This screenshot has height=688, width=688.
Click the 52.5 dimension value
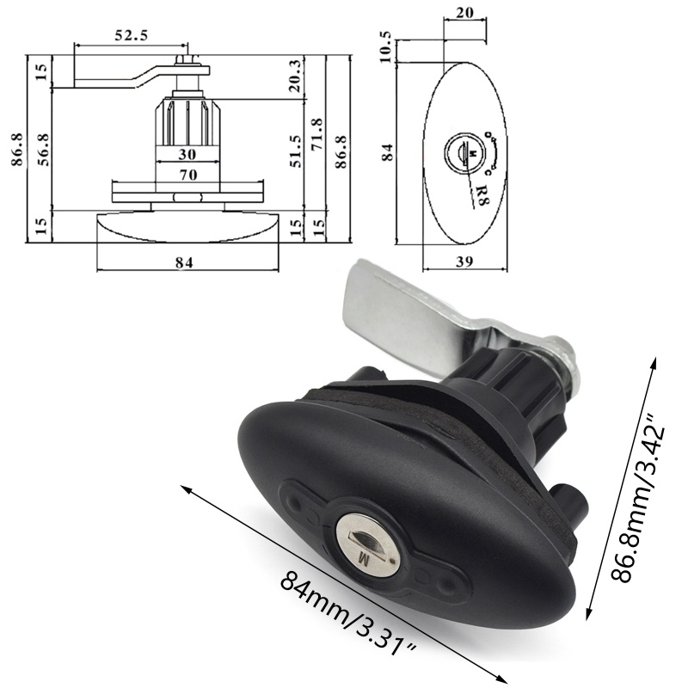131,35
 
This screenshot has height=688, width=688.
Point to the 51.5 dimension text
295,155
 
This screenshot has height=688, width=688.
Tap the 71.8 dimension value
316,134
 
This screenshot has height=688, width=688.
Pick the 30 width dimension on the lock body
187,154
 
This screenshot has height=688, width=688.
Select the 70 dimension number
187,175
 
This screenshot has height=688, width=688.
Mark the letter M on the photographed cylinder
362,559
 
